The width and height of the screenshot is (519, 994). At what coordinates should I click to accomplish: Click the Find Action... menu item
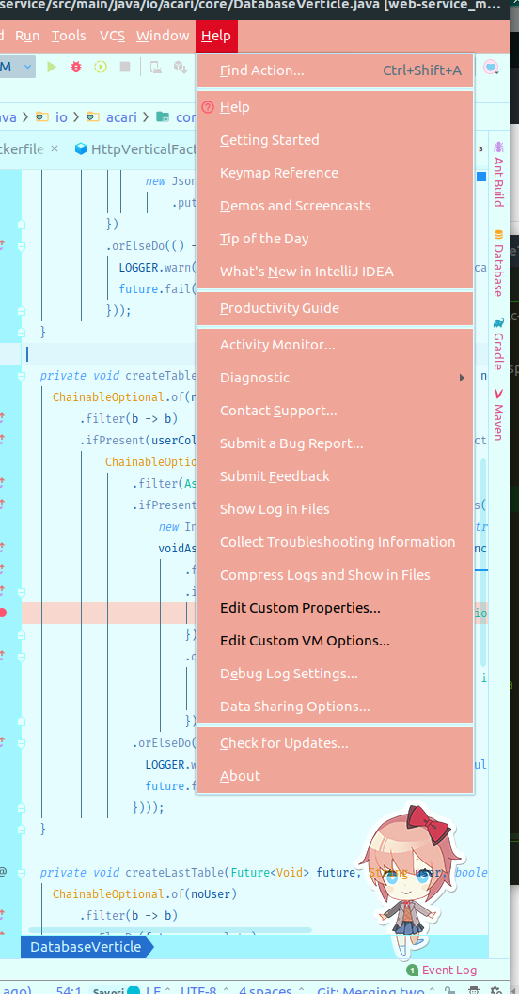[x=262, y=70]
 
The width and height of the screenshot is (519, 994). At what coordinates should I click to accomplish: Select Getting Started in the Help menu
[x=270, y=140]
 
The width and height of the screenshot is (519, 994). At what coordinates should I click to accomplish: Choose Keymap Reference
[x=279, y=173]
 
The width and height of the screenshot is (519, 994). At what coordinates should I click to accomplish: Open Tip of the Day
[x=264, y=239]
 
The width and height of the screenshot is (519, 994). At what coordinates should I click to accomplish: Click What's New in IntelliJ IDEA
[x=307, y=272]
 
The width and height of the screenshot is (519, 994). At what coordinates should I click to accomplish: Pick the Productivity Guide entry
[x=279, y=308]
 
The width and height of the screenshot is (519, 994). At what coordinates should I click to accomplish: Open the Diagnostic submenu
[x=255, y=378]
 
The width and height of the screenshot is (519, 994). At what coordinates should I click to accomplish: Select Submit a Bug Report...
[x=291, y=443]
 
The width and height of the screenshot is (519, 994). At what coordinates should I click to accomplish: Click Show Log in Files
[x=275, y=509]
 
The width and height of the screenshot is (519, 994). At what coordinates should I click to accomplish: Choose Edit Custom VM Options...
[x=305, y=641]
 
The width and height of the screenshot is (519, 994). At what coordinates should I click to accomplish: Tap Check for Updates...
[x=284, y=743]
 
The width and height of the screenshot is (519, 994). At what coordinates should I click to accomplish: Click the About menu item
[x=240, y=776]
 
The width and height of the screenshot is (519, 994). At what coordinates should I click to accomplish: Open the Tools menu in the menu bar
[x=69, y=36]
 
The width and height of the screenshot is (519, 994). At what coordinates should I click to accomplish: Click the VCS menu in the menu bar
[x=112, y=36]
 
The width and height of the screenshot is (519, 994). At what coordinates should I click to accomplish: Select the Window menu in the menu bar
[x=162, y=36]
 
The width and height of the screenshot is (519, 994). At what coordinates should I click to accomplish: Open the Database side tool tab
[x=498, y=264]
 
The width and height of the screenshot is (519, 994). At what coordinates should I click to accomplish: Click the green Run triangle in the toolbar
[x=52, y=67]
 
